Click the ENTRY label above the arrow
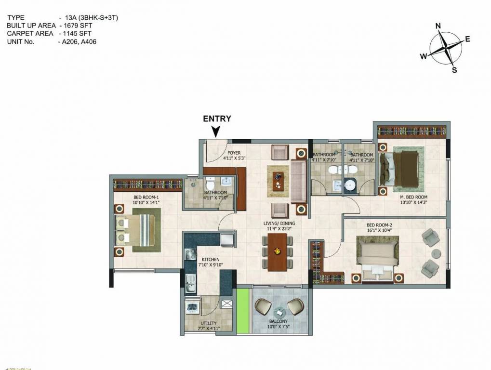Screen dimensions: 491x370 point(217,119)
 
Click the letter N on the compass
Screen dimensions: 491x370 point(438,26)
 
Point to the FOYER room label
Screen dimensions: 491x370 point(234,153)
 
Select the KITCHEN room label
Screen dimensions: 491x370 point(211,260)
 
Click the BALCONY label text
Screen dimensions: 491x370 point(279,321)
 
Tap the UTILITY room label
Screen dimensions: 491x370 point(209,323)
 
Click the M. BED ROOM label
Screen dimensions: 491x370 point(413,197)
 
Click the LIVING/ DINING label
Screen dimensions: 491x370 point(279,224)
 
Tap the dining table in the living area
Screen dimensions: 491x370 point(277,252)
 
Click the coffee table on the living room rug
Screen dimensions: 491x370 point(278,181)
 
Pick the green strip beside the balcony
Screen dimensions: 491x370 point(242,311)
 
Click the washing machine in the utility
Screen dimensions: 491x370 point(192,307)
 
